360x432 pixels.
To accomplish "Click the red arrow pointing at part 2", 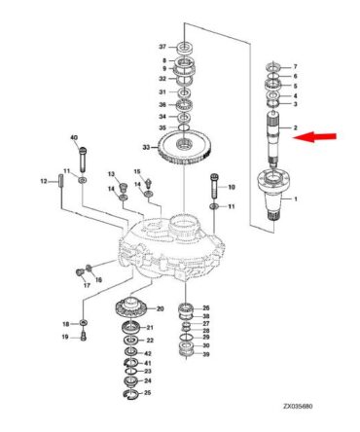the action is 314,136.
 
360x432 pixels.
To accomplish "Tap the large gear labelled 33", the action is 184,147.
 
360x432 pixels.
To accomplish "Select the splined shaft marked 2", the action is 273,137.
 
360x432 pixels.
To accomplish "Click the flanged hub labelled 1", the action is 273,197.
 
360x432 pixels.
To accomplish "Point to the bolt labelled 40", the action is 84,160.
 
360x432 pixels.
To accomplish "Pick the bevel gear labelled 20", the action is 132,307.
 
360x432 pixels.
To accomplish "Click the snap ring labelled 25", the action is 132,394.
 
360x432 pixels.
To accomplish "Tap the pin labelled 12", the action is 61,180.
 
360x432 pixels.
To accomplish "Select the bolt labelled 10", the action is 214,186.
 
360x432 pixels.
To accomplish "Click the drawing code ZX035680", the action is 298,407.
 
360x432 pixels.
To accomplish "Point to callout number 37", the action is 162,47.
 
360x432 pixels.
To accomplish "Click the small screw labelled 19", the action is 84,336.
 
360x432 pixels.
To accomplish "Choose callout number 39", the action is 206,354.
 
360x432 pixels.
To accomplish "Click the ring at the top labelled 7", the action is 273,67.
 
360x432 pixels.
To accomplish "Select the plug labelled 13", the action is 124,188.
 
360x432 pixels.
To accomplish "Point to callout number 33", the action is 146,148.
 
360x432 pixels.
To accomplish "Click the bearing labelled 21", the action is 131,327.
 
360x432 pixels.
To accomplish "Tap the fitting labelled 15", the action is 149,183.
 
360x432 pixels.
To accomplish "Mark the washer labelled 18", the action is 84,323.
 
